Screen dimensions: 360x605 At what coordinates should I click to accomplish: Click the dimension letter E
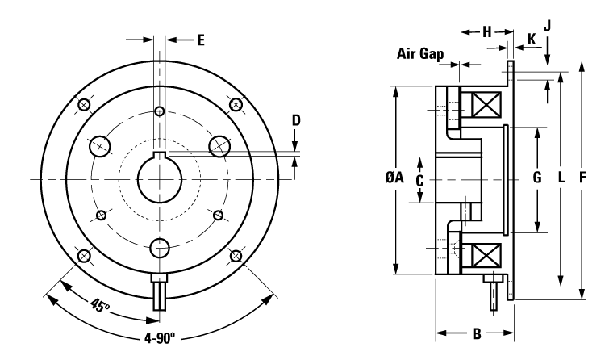tap(200, 38)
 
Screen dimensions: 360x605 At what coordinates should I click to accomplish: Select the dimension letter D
tap(296, 120)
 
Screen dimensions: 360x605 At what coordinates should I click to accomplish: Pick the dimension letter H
tap(486, 31)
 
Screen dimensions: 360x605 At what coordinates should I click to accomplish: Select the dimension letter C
tap(419, 180)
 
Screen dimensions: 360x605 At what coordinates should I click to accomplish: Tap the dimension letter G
tap(537, 179)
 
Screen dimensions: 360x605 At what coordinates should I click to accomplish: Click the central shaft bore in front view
tap(159, 178)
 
